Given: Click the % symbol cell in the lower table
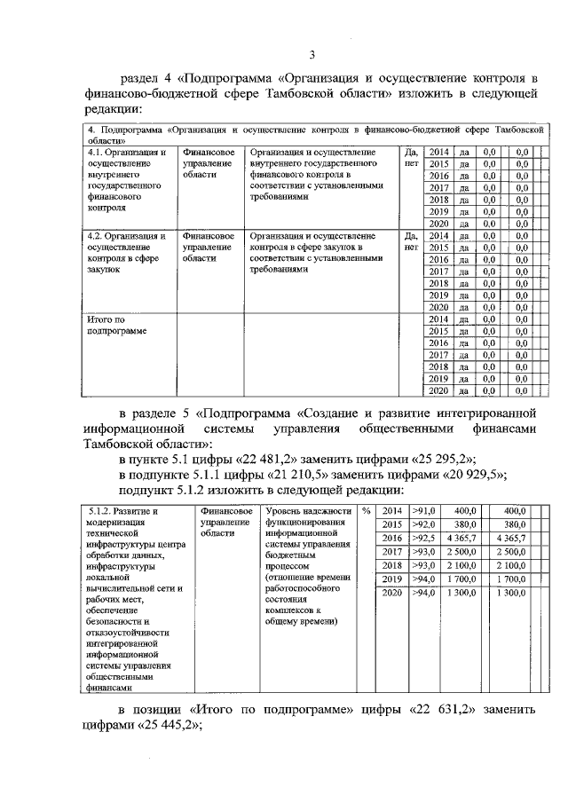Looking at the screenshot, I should (x=366, y=511).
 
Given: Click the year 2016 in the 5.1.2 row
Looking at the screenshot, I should (x=391, y=538).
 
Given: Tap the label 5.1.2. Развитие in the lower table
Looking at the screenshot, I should (x=124, y=512).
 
